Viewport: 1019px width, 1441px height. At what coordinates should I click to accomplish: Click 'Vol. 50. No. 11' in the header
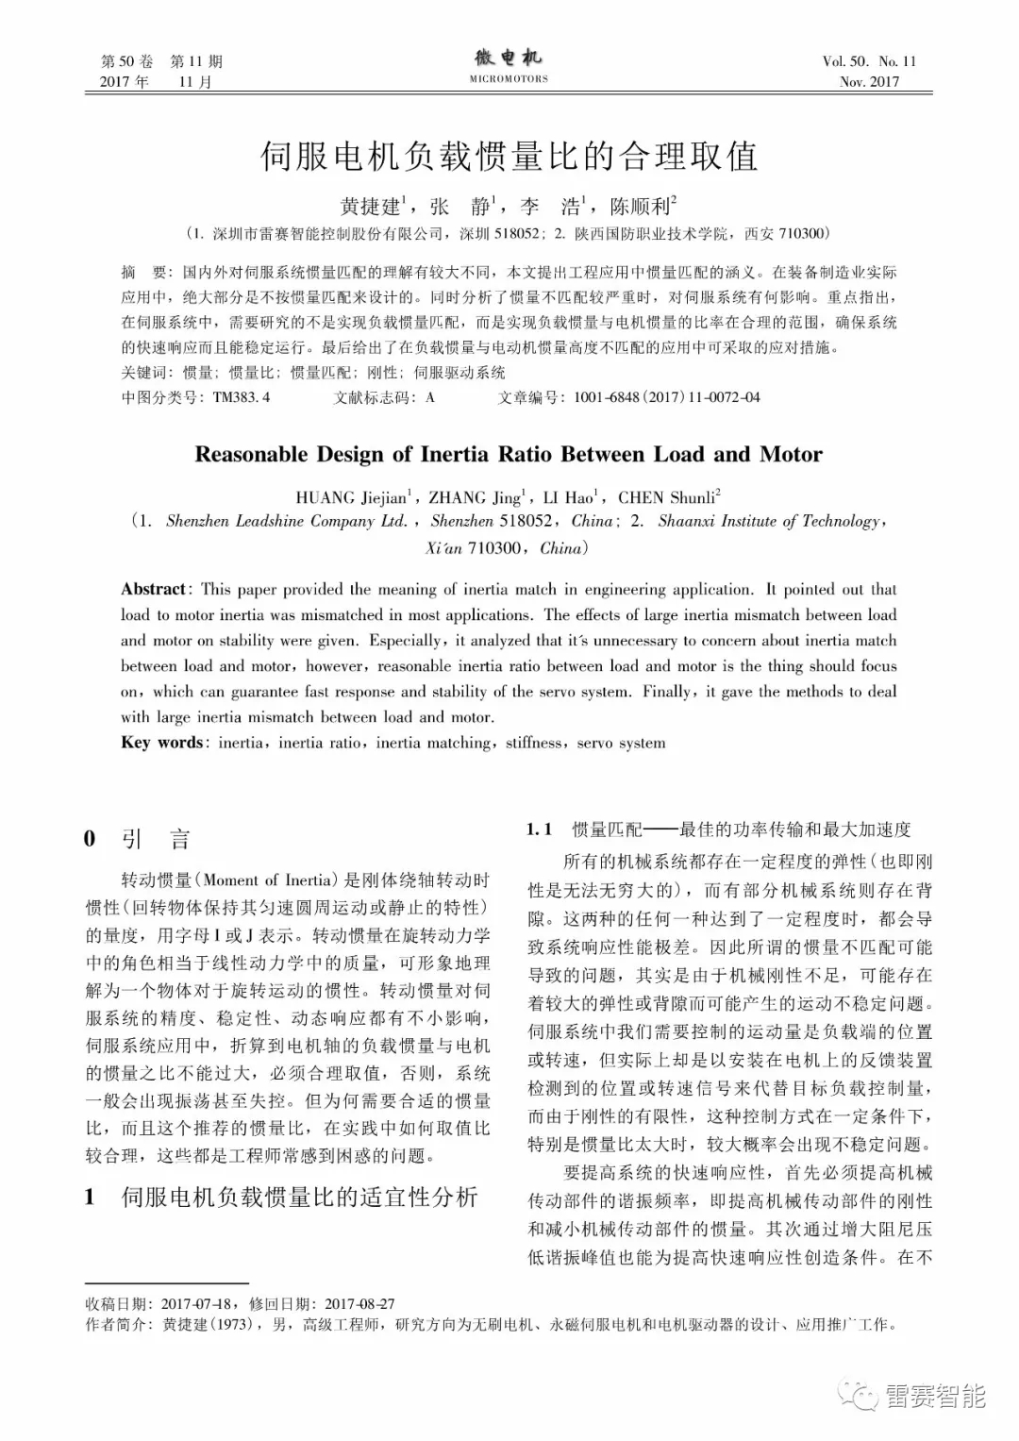coord(869,61)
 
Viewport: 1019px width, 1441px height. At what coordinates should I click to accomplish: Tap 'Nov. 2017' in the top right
coord(869,81)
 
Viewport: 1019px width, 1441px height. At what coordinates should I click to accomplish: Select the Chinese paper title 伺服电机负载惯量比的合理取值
coord(509,157)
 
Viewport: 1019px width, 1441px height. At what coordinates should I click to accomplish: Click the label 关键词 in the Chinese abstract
coord(142,372)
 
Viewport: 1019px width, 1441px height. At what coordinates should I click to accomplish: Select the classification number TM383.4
coord(241,397)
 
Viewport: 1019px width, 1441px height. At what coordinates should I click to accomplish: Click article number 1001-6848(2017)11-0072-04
coord(666,397)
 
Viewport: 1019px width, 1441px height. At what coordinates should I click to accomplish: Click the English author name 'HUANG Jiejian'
coord(352,497)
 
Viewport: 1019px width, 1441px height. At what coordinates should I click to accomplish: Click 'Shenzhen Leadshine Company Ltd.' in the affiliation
coord(287,521)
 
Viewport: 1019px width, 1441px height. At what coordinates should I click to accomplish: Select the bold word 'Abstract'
coord(154,589)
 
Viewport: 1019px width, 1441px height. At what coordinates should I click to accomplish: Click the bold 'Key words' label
coord(162,743)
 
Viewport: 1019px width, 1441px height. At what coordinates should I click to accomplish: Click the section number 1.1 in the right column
coord(539,829)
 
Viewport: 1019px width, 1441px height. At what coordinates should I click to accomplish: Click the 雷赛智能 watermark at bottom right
coord(934,1396)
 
